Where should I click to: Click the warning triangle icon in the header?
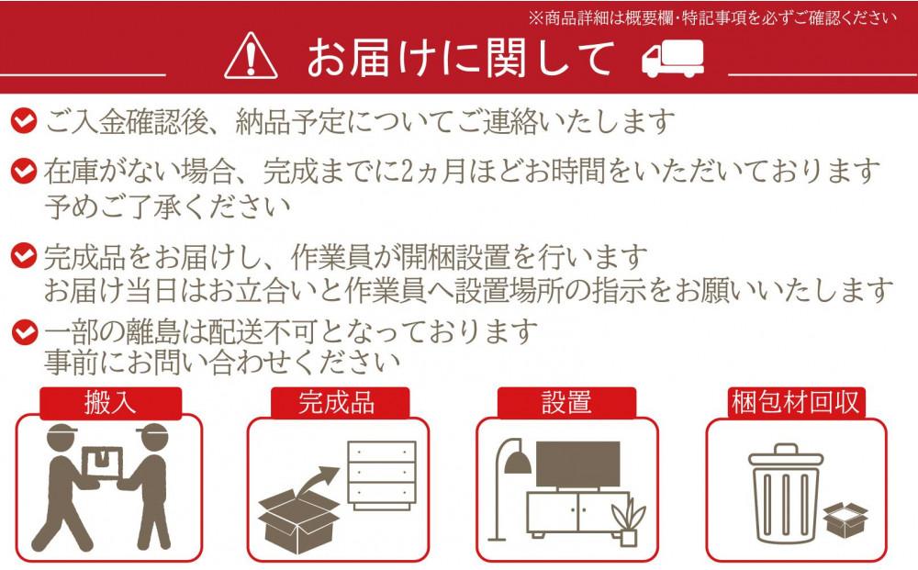coord(251,56)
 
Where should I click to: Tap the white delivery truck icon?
coord(672,59)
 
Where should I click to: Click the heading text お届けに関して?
coord(461,58)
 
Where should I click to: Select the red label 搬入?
coord(110,403)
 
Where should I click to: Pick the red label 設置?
coord(566,403)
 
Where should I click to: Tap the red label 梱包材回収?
coord(795,403)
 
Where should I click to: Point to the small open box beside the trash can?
coord(845,520)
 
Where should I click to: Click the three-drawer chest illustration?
coord(382,475)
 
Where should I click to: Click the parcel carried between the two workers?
coord(102,464)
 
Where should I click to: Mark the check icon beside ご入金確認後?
coord(24,120)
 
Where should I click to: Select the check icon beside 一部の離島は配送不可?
coord(24,332)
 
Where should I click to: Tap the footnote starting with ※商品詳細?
coord(712,18)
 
